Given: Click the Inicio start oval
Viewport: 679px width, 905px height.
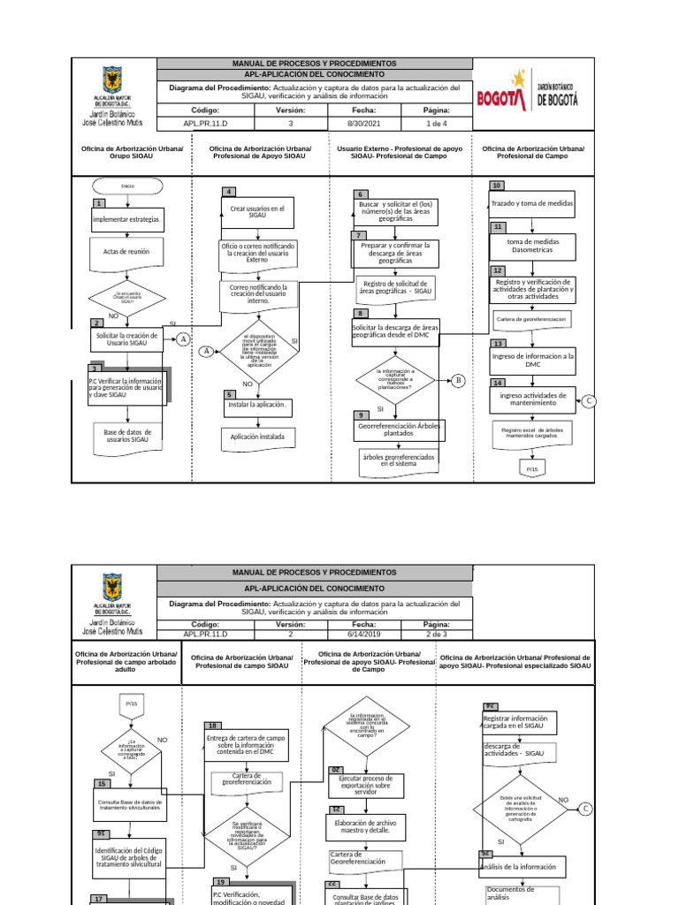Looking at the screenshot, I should point(127,186).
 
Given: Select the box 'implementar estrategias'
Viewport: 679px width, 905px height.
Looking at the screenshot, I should point(127,219).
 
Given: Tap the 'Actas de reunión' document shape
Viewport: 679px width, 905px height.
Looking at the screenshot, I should point(126,252).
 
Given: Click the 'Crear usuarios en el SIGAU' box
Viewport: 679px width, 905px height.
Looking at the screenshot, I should point(257,212).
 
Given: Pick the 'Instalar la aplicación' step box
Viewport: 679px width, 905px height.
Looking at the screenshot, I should point(257,405).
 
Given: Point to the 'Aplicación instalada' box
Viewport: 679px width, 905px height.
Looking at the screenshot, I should point(257,437).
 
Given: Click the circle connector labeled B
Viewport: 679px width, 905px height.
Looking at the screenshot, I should point(458,381).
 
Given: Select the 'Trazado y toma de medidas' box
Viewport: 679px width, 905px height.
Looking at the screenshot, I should point(532,203).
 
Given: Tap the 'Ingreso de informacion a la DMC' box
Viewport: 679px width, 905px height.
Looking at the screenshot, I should point(532,360).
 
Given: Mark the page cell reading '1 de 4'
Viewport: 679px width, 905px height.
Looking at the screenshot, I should point(437,125).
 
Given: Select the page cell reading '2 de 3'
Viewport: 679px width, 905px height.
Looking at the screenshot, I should point(437,634).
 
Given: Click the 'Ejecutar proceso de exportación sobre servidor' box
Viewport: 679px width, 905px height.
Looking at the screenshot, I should point(365,786).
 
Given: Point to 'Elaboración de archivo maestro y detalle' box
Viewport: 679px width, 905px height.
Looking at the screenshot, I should point(365,826).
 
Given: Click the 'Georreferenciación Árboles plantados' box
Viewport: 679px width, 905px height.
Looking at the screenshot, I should point(398,430).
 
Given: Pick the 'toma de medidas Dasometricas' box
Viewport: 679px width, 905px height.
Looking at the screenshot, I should point(532,245).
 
